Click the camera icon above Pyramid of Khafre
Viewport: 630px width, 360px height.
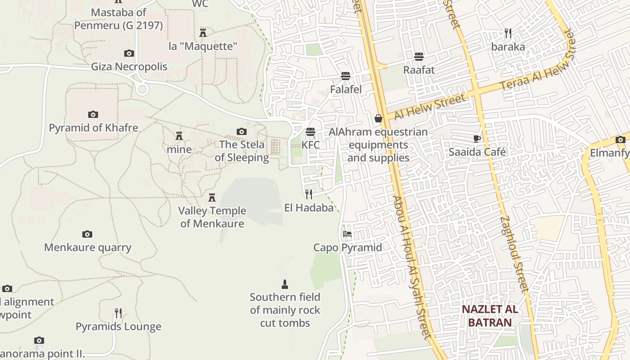[93, 114]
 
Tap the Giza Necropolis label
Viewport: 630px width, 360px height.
[129, 67]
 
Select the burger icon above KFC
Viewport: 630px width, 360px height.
[310, 132]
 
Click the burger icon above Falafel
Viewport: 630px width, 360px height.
[346, 76]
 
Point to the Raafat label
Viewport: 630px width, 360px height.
[419, 70]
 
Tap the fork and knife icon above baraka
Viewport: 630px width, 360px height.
[508, 33]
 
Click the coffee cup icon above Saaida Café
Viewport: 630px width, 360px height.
[477, 139]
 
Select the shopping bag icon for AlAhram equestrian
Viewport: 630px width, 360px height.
[378, 118]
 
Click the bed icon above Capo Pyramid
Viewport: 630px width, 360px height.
[347, 234]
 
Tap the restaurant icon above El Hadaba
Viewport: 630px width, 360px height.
[309, 194]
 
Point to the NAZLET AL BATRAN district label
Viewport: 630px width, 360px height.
[490, 316]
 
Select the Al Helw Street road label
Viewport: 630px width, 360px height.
[429, 107]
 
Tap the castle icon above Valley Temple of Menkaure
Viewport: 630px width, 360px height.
[212, 197]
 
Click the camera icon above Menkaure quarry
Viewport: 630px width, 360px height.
[87, 234]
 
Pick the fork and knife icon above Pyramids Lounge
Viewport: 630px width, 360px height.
[118, 313]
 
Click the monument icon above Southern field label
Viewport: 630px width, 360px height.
[284, 284]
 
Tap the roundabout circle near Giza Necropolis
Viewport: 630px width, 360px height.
[142, 89]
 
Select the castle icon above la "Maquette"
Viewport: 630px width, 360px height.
[203, 32]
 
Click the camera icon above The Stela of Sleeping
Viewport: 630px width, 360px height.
[242, 131]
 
